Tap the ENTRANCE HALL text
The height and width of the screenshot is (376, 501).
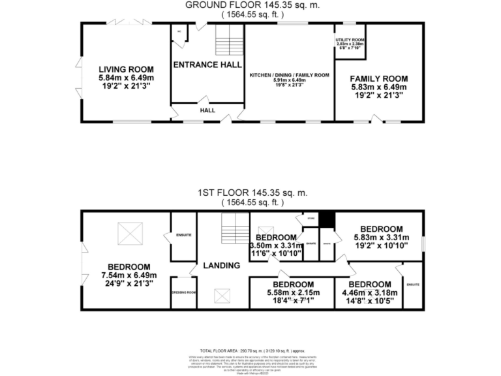207,65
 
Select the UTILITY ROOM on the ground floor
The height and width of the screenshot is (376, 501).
350,43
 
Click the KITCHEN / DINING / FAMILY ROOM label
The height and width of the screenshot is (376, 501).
289,75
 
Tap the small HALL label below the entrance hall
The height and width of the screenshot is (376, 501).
207,110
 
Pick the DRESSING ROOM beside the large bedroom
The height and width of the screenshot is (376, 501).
183,292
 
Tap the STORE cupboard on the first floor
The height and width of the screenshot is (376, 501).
302,217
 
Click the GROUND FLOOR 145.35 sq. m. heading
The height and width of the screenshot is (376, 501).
250,5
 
